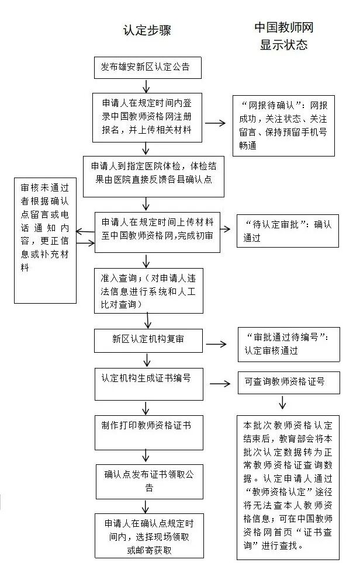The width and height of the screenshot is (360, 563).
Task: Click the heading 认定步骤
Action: click(x=147, y=31)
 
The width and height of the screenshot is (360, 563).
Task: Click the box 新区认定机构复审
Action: click(x=148, y=339)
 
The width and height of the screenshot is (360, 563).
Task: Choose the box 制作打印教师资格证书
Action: click(x=148, y=432)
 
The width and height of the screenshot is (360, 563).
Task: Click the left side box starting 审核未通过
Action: click(x=46, y=240)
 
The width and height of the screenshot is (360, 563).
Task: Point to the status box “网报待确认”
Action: click(x=284, y=126)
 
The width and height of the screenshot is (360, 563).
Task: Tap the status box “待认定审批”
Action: click(x=287, y=231)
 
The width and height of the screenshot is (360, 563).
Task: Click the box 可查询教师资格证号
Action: click(x=284, y=383)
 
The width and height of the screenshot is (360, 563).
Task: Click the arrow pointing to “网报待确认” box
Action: click(x=214, y=123)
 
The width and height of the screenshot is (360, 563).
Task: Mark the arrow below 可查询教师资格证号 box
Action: click(x=283, y=403)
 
